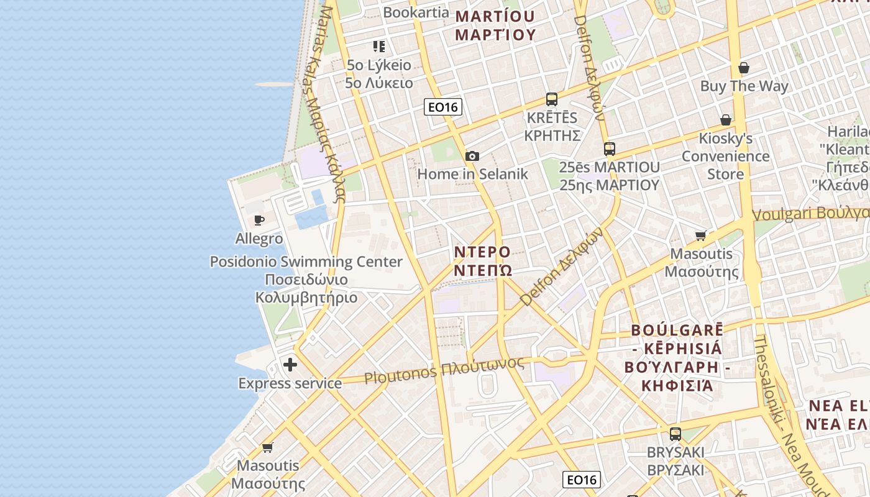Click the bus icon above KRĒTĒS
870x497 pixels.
click(x=551, y=99)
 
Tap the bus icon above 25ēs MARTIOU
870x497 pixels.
click(x=609, y=148)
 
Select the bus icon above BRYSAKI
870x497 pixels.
click(x=675, y=434)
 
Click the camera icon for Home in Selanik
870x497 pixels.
click(x=472, y=156)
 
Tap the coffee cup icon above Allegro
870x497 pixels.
click(x=259, y=220)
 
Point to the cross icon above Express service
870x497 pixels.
click(x=290, y=365)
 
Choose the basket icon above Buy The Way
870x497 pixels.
click(x=744, y=68)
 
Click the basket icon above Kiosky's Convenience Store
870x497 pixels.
click(x=725, y=120)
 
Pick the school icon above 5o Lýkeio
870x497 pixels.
click(x=379, y=47)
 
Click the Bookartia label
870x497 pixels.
click(x=416, y=12)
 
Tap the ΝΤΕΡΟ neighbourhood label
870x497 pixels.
click(x=482, y=252)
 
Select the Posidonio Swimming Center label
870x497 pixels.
click(x=306, y=262)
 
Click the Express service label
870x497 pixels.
click(x=290, y=383)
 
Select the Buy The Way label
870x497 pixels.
click(x=744, y=86)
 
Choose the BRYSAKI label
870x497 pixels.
click(x=675, y=452)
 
